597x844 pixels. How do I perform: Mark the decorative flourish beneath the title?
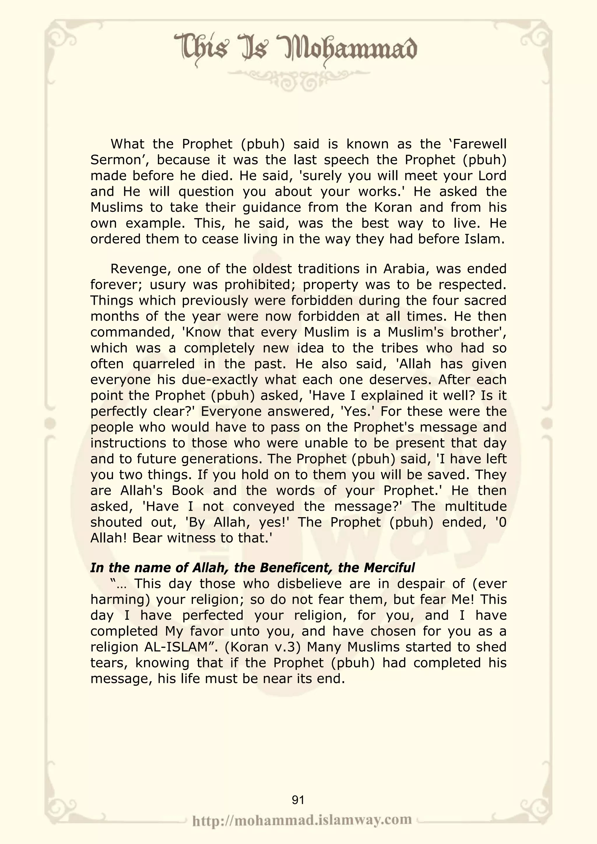coord(299,78)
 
